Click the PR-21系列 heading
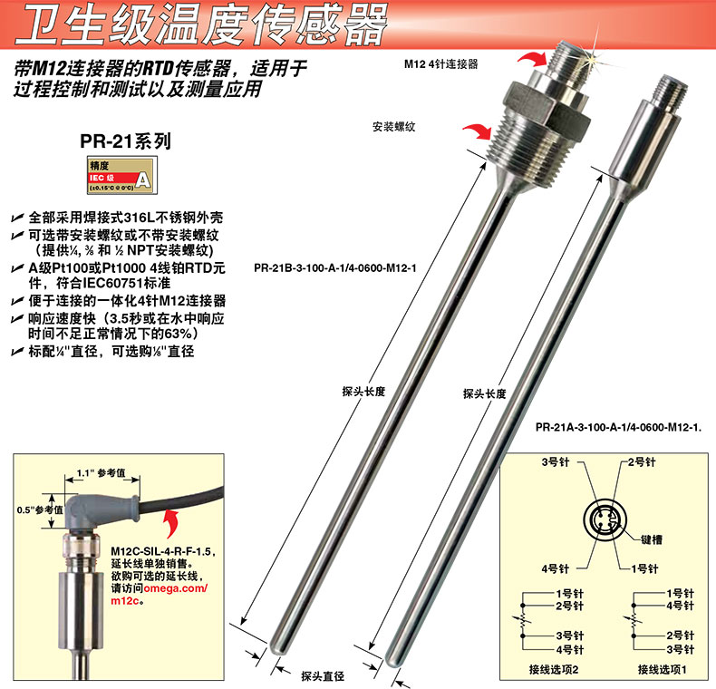pyautogui.click(x=126, y=141)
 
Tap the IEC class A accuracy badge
pyautogui.click(x=122, y=175)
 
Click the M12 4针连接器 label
pyautogui.click(x=441, y=64)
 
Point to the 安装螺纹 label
pyautogui.click(x=393, y=127)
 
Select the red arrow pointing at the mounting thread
pyautogui.click(x=479, y=131)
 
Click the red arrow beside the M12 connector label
pyautogui.click(x=532, y=59)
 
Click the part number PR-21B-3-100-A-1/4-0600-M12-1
pyautogui.click(x=335, y=268)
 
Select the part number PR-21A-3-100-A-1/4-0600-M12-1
pyautogui.click(x=618, y=428)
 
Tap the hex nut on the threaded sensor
pyautogui.click(x=548, y=106)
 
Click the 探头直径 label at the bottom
pyautogui.click(x=323, y=676)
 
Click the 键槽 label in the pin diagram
pyautogui.click(x=652, y=539)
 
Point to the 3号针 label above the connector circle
pyautogui.click(x=556, y=462)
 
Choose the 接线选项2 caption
pyautogui.click(x=554, y=669)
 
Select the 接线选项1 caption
pyautogui.click(x=663, y=669)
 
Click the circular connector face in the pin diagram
pyautogui.click(x=605, y=521)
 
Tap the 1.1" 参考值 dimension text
pyautogui.click(x=101, y=472)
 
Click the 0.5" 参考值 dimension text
pyautogui.click(x=40, y=509)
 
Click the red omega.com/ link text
pyautogui.click(x=176, y=588)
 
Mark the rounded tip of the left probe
pyautogui.click(x=277, y=646)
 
